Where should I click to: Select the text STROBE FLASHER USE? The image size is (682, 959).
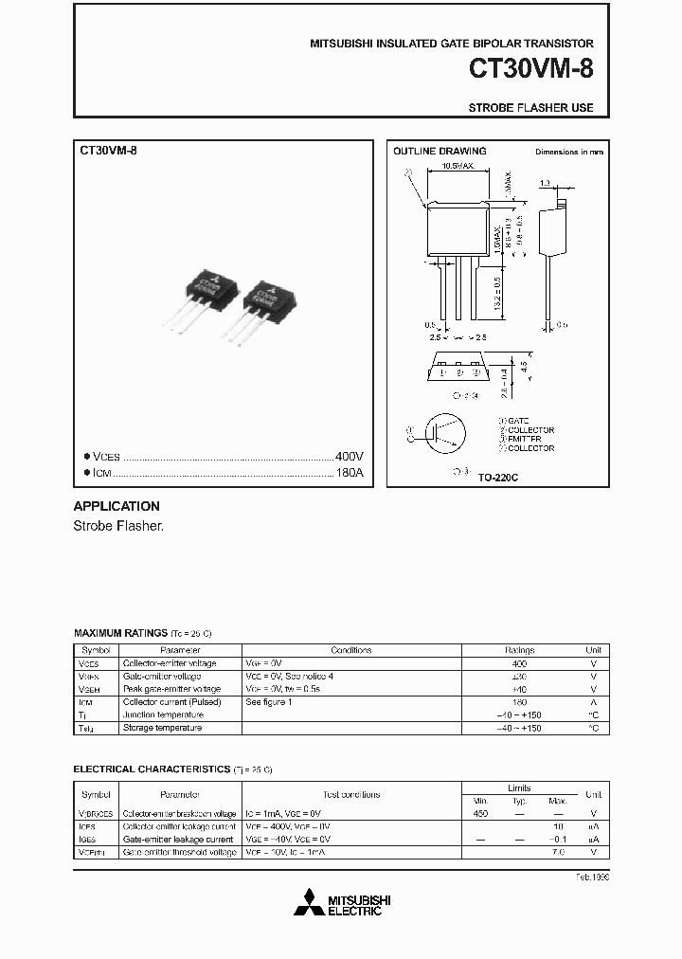point(530,108)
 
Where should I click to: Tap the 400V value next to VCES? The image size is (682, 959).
point(349,456)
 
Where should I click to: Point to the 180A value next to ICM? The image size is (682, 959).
point(349,473)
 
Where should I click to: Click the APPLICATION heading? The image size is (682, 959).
point(117,506)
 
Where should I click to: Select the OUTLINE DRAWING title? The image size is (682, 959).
point(440,151)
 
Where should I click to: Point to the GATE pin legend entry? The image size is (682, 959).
point(516,420)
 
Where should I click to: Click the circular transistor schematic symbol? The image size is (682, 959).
point(440,434)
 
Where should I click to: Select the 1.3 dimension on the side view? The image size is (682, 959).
point(545,183)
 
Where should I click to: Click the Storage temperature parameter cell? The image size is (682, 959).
point(162,728)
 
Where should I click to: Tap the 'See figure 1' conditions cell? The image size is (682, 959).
point(269,702)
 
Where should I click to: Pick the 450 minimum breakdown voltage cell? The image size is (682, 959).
point(480,814)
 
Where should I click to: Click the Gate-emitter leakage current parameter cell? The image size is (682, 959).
point(177,840)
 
